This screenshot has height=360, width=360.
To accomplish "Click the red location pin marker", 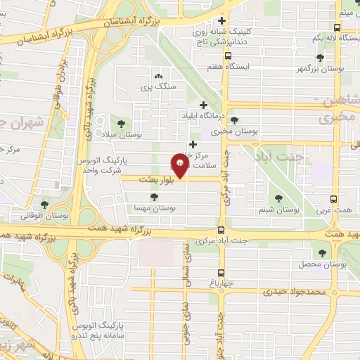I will pos(181,167).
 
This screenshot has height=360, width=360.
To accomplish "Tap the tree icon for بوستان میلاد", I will pos(131,123).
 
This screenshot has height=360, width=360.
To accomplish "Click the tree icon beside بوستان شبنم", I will pos(279,200).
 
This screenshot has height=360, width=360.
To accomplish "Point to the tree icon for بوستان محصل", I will pos(323,252).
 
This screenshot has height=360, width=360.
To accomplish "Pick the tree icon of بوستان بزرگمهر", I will pos(321,58).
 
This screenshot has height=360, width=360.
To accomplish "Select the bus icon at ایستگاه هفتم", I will pos(226,56).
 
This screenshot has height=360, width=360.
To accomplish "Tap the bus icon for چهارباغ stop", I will pos(221,273).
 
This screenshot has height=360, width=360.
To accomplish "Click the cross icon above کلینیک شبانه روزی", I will pos(222,20).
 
